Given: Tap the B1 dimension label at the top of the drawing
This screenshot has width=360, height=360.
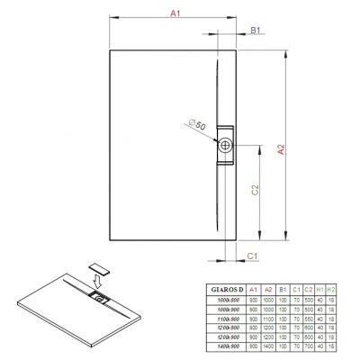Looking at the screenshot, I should tap(255, 30).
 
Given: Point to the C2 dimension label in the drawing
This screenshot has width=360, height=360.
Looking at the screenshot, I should tap(255, 191).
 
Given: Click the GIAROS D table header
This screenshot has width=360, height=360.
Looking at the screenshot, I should tap(222, 290).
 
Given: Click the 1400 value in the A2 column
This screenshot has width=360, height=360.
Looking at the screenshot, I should tap(267, 346).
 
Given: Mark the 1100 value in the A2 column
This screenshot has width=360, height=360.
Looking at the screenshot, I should tap(267, 319).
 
